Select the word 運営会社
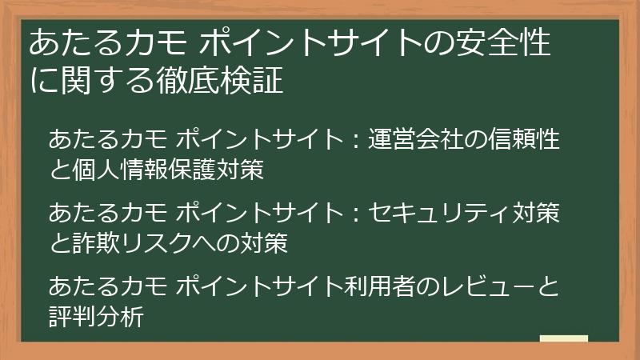point(416,141)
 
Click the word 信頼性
point(525,141)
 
